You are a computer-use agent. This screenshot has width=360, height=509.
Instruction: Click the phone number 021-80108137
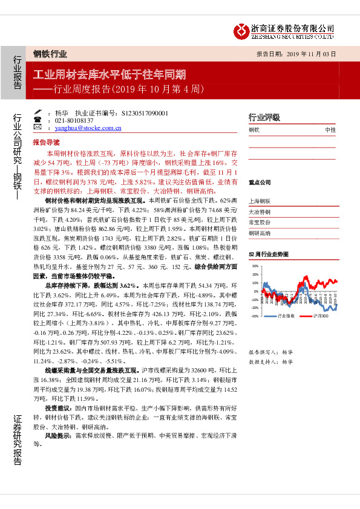(76, 120)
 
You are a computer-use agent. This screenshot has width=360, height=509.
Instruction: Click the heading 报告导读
(46, 141)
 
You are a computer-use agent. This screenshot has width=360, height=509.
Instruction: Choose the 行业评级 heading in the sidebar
(264, 117)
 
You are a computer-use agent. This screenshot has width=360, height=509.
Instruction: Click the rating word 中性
(330, 130)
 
